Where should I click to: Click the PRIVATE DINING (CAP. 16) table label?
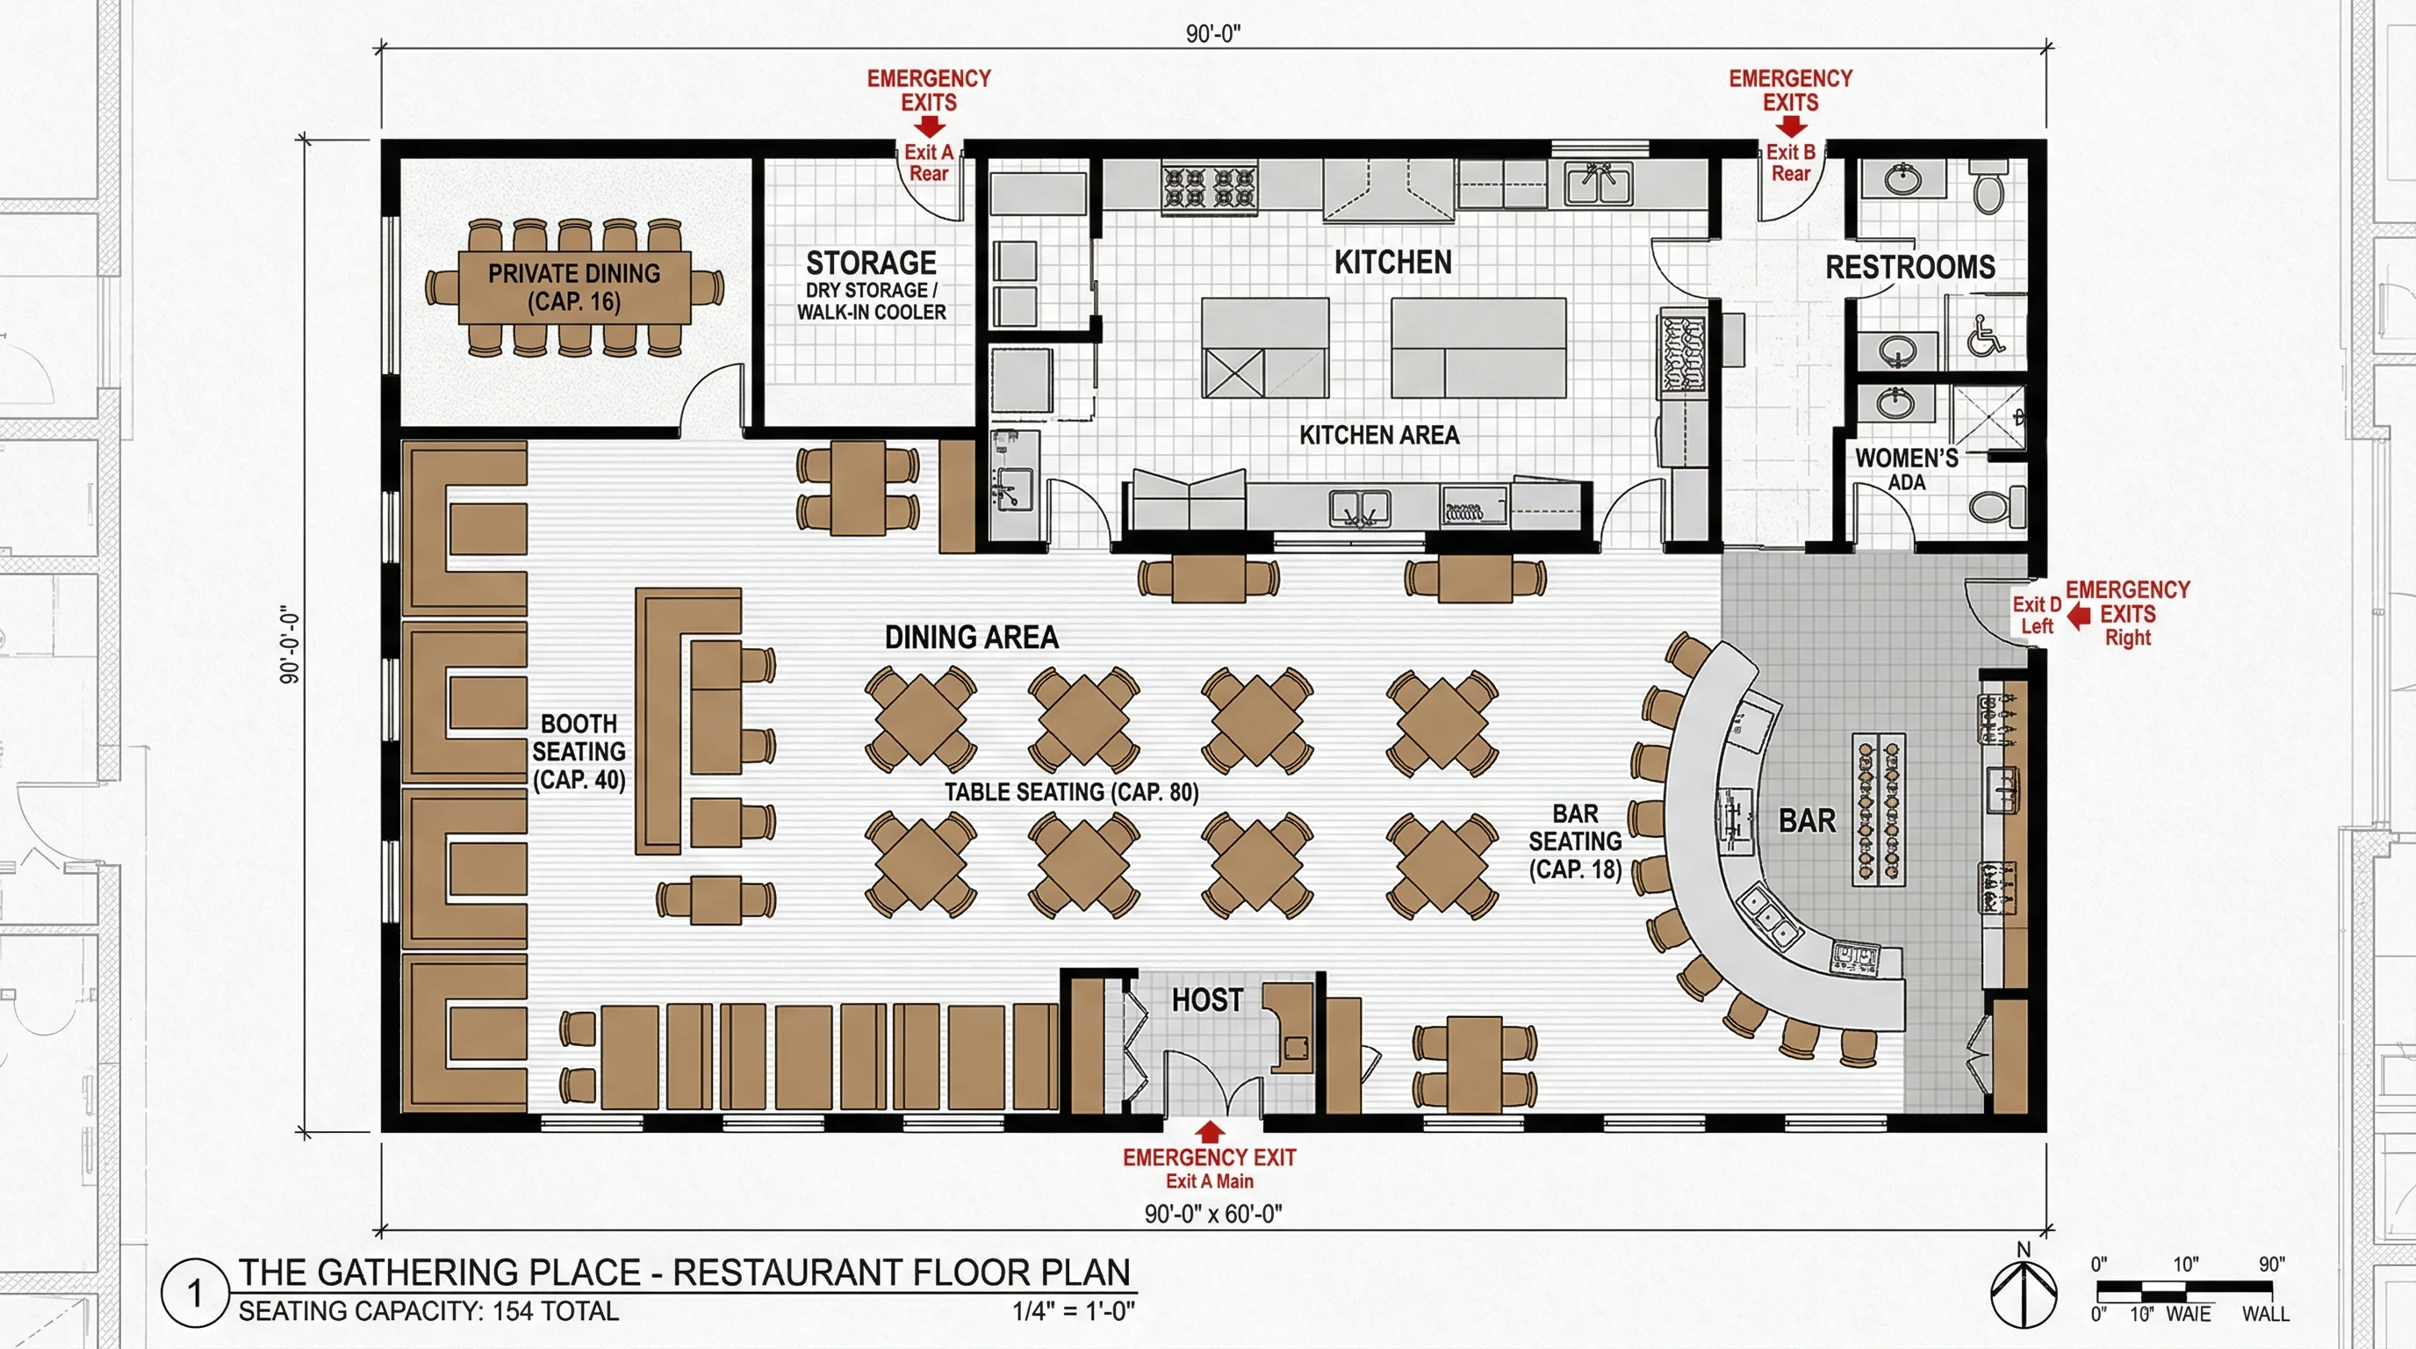click(574, 287)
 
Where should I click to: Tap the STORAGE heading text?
click(871, 263)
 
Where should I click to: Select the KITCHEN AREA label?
click(1378, 436)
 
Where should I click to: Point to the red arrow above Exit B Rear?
click(1790, 127)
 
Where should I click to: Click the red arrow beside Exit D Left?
click(2079, 616)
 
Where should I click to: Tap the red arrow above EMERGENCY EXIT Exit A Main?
click(1210, 1131)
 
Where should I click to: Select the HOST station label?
click(1207, 1000)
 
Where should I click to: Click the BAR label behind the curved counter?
click(1807, 821)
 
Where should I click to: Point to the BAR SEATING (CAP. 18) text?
click(1575, 841)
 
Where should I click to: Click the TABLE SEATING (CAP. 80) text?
click(1071, 793)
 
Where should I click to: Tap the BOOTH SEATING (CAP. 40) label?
click(579, 752)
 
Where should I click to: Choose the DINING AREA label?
click(972, 638)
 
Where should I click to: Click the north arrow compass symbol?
click(2023, 1293)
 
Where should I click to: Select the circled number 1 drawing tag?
click(195, 1294)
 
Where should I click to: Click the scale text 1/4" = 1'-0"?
click(1073, 1311)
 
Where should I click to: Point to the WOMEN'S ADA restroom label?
click(1907, 469)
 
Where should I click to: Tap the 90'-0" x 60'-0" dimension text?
click(1212, 1214)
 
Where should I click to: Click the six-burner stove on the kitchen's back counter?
click(1210, 187)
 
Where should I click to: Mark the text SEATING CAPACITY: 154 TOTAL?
click(428, 1311)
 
